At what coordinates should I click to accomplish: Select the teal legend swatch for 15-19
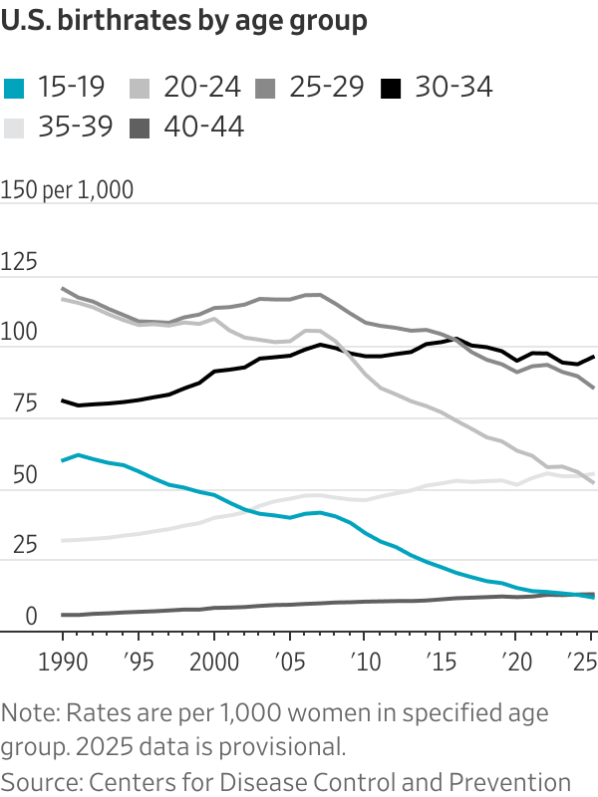[15, 88]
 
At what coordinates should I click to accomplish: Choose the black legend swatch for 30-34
[393, 88]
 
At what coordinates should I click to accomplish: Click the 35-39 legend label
[77, 127]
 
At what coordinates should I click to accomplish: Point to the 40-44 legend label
[203, 127]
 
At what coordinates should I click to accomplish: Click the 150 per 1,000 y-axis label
[67, 190]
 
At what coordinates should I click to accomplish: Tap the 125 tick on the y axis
[19, 262]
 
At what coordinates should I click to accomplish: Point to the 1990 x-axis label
[62, 663]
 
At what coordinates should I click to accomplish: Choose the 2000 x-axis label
[212, 663]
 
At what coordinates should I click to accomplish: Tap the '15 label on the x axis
[439, 663]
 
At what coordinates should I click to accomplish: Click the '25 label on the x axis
[578, 663]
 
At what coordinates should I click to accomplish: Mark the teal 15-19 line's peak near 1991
[78, 454]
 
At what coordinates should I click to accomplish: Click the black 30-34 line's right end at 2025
[594, 357]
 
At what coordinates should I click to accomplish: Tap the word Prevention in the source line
[515, 781]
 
